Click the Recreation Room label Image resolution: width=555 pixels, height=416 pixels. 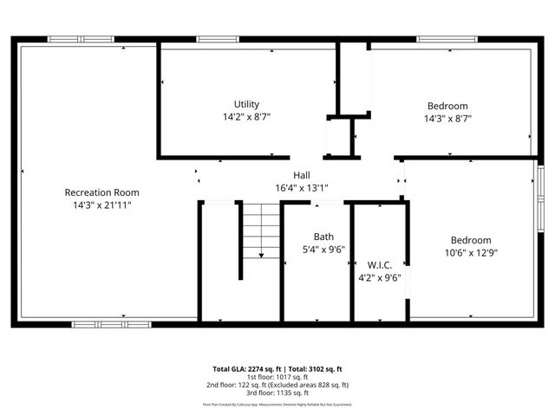[102, 192]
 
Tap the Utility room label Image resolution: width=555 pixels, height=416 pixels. [246, 104]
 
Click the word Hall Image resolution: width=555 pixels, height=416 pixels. [301, 175]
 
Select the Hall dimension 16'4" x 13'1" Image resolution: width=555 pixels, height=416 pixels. [301, 187]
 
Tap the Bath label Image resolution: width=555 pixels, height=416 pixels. [323, 236]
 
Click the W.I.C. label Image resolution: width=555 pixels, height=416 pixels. [380, 265]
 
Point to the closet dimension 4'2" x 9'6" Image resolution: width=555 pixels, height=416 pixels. [380, 278]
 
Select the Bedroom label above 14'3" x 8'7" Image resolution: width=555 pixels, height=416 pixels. [447, 106]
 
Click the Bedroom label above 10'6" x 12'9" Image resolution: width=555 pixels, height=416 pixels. [470, 240]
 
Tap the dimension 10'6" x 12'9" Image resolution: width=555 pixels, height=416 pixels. [470, 253]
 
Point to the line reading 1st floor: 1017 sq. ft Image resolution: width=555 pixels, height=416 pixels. [277, 377]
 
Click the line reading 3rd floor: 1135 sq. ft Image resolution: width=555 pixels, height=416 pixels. [277, 393]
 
